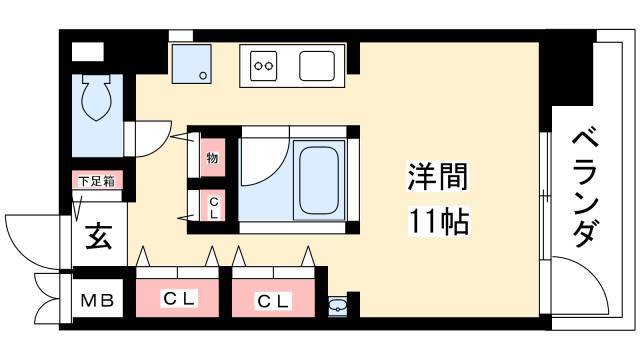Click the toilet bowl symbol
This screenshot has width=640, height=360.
click(96, 98)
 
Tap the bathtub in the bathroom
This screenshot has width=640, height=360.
click(318, 180)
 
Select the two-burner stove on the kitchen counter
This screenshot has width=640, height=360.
click(263, 66)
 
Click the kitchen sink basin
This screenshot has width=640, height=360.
click(317, 66)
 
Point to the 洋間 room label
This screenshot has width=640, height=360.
click(438, 176)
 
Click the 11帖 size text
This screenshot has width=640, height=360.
click(439, 221)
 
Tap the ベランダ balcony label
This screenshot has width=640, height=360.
click(586, 189)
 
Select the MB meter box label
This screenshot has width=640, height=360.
click(97, 301)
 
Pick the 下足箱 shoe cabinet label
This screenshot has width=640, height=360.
click(97, 181)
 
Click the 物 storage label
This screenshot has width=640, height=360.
click(212, 158)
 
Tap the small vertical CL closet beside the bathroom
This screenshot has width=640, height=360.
click(213, 207)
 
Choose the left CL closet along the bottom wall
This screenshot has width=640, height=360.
click(178, 298)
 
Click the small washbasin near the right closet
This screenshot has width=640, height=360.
click(338, 305)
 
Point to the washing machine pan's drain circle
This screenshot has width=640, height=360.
click(203, 75)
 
